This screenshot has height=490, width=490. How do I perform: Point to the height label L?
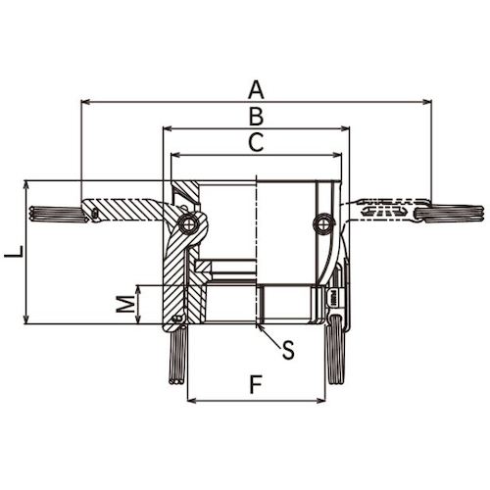click(x=13, y=253)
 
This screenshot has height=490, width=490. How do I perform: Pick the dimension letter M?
click(x=124, y=305)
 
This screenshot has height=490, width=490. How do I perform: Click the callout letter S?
click(x=288, y=350)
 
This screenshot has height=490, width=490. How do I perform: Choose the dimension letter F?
click(x=256, y=385)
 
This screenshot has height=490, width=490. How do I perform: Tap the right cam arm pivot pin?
click(x=321, y=225)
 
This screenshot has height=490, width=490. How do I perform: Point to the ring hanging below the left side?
click(x=175, y=358)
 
